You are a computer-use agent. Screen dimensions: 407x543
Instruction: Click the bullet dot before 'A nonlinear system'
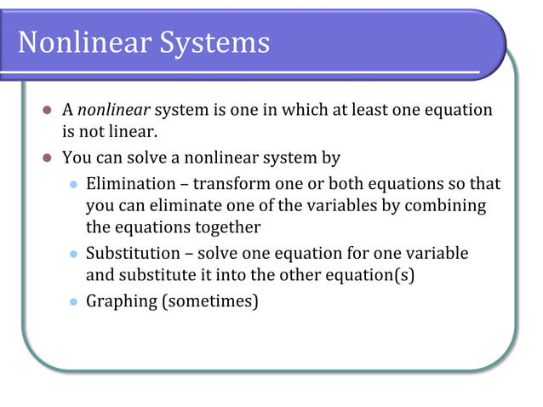coord(48,112)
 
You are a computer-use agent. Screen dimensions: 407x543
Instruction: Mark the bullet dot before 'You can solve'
coord(48,158)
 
